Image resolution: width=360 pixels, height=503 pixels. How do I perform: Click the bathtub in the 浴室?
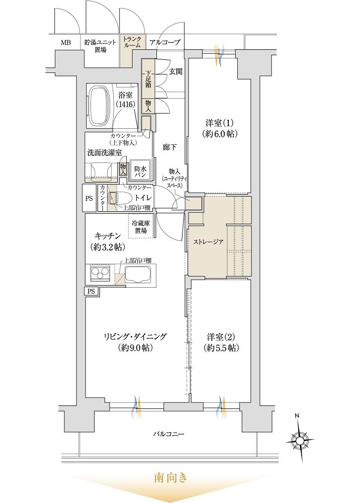pyautogui.click(x=99, y=107)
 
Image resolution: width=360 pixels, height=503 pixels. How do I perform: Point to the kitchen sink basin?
pyautogui.click(x=138, y=274)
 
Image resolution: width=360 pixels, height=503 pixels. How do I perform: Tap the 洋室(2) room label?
pyautogui.click(x=221, y=342)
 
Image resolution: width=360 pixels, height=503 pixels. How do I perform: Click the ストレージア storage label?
pyautogui.click(x=208, y=242)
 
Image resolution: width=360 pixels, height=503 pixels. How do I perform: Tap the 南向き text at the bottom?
pyautogui.click(x=170, y=478)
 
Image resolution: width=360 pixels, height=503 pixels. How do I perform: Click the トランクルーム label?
pyautogui.click(x=132, y=42)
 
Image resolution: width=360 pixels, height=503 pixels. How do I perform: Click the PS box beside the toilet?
pyautogui.click(x=89, y=198)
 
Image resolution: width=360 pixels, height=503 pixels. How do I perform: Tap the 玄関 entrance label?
pyautogui.click(x=175, y=71)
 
